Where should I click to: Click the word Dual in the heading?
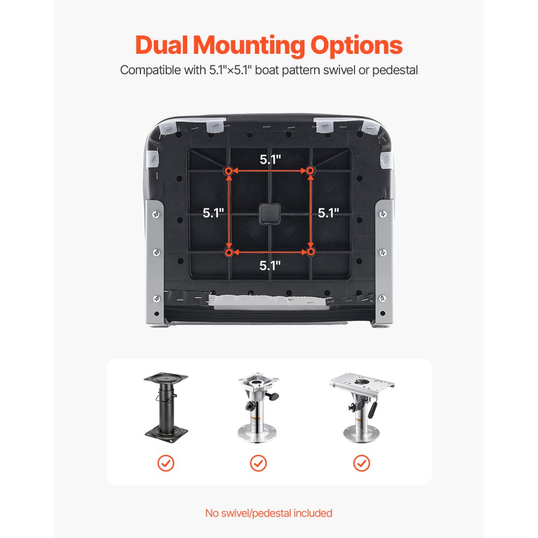point(161,45)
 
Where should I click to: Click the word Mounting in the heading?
point(249,46)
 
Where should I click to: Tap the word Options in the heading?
point(356,46)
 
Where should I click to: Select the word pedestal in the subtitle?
point(395,70)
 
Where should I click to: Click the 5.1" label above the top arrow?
point(271,159)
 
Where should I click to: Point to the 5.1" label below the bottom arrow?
point(270,265)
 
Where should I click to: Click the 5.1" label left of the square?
point(214,213)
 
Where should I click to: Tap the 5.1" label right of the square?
point(328,213)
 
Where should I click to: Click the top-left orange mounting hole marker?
point(229,171)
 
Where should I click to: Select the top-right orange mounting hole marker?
point(310,171)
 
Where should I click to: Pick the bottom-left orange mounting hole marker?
point(229,252)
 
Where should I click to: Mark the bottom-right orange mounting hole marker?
point(310,252)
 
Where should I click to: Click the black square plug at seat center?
point(270,214)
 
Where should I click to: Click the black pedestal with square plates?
point(166,407)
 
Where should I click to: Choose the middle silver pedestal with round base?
point(258,407)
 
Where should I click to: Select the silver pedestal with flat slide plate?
point(362,407)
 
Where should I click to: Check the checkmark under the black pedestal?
point(166,463)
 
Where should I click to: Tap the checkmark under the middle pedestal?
point(258,463)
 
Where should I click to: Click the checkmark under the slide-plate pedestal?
point(362,463)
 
